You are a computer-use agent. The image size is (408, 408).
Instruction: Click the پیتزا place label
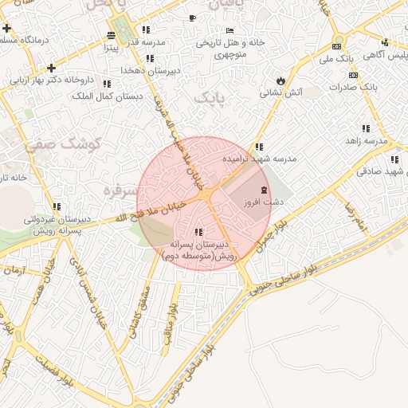(110, 47)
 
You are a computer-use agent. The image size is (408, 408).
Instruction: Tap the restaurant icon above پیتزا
(110, 35)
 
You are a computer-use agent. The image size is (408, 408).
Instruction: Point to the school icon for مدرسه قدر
(146, 29)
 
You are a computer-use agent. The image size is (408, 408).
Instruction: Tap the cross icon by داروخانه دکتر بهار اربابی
(52, 68)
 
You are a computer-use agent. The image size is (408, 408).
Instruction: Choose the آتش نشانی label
(281, 92)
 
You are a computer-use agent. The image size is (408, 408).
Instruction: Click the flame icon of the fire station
(280, 80)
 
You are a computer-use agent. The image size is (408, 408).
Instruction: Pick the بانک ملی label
(335, 58)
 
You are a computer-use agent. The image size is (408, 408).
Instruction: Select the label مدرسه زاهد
(366, 140)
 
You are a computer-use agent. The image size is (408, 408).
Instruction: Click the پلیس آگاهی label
(385, 55)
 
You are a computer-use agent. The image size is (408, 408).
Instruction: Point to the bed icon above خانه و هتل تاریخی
(230, 30)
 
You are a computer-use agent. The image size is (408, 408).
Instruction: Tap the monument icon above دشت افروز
(265, 190)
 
